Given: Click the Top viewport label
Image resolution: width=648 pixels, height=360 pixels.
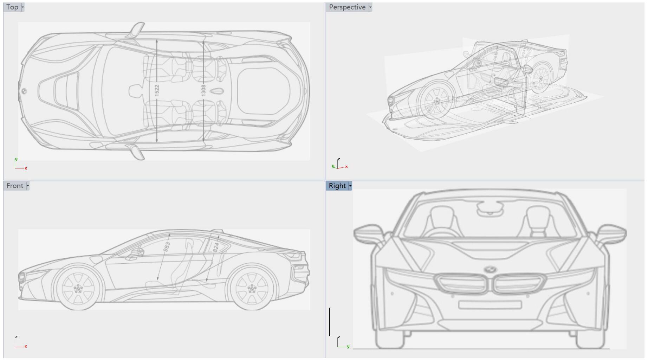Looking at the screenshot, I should click(12, 7).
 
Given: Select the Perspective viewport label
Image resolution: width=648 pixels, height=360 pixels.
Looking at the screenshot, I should click(347, 7).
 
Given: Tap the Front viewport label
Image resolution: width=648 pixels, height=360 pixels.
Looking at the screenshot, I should click(15, 186).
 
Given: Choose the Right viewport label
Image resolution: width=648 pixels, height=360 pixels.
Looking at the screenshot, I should click(337, 186).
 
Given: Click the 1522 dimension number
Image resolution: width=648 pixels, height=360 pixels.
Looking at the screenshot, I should click(157, 90).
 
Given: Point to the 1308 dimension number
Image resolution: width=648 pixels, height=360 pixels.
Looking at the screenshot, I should click(203, 90).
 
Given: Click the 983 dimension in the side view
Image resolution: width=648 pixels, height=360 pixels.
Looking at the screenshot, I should click(167, 246).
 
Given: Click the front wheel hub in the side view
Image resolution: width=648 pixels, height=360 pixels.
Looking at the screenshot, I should click(78, 289).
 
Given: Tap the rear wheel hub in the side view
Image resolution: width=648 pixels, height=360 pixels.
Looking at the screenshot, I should click(252, 289).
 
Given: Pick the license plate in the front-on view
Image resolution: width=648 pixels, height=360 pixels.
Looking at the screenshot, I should click(490, 305).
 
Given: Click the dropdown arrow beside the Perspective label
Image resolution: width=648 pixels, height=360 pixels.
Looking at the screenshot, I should click(370, 7).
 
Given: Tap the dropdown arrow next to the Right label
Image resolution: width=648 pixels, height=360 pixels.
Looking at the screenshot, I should click(350, 186).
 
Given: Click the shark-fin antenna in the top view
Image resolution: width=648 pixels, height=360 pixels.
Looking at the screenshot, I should click(217, 91).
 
